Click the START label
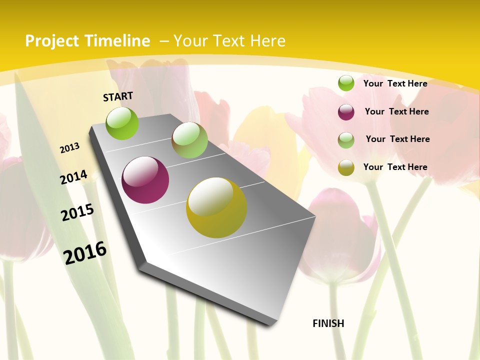(x=118, y=96)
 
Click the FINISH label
(x=328, y=323)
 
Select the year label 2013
(x=69, y=148)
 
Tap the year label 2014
(x=73, y=177)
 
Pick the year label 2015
(x=77, y=212)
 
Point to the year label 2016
(x=85, y=252)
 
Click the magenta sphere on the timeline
(x=145, y=180)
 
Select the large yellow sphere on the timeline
(x=216, y=207)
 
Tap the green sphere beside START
(x=122, y=123)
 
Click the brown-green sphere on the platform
(x=189, y=140)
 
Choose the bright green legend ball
(x=346, y=83)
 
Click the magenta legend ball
(x=346, y=112)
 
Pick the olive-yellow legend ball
(x=346, y=167)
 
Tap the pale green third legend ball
(x=346, y=140)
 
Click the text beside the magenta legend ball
(x=396, y=111)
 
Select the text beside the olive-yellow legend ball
(x=395, y=167)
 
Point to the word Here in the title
(x=267, y=41)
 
